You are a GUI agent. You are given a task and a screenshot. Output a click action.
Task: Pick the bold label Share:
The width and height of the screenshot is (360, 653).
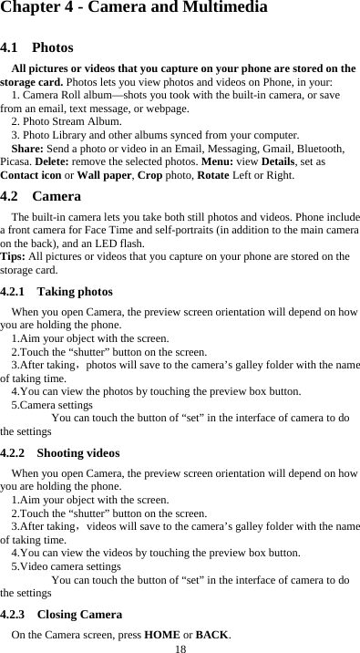coord(28,148)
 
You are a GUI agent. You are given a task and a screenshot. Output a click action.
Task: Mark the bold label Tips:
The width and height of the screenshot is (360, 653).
coord(14,256)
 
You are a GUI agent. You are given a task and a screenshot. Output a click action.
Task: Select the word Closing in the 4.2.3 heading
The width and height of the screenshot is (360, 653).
coord(58,615)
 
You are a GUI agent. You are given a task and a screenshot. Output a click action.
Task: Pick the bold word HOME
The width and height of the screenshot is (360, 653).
coord(162,634)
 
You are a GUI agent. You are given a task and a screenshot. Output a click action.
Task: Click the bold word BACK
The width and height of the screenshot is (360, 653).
coord(212,634)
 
